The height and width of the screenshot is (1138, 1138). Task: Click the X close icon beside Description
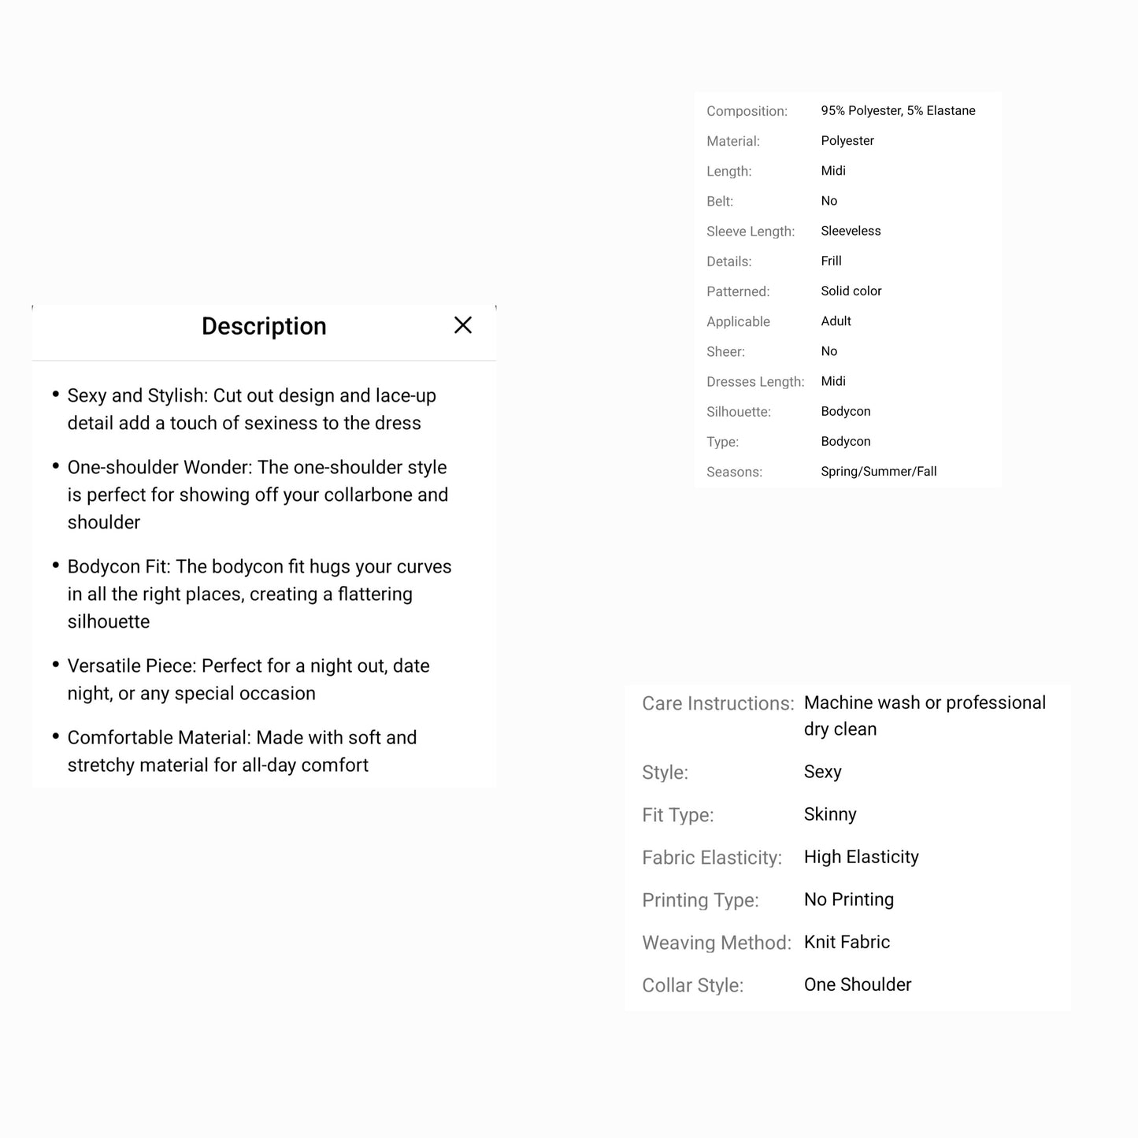click(x=463, y=325)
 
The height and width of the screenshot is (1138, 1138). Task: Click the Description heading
click(x=264, y=326)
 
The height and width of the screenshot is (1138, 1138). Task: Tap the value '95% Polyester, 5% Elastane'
click(x=898, y=111)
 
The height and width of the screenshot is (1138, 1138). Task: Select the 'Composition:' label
click(x=747, y=111)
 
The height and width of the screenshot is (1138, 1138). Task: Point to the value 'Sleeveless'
click(x=851, y=231)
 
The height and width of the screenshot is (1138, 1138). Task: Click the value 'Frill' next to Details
click(x=831, y=261)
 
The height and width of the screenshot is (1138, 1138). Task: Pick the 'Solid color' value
click(x=851, y=291)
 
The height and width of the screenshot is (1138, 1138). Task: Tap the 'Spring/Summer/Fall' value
click(x=878, y=472)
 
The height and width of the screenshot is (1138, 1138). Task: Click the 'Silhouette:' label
click(x=739, y=412)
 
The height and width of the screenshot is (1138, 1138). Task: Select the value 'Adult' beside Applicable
click(x=836, y=321)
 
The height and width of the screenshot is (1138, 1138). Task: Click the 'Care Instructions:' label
click(x=717, y=703)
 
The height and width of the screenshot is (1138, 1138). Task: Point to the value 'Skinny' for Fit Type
click(x=830, y=814)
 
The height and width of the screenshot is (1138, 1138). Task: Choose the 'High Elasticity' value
click(x=861, y=857)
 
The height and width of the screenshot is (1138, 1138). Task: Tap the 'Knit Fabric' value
click(x=847, y=942)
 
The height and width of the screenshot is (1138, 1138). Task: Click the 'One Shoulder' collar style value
click(x=858, y=984)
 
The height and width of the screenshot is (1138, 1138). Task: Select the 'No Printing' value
click(x=848, y=899)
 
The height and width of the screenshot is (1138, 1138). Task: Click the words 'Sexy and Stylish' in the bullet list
click(x=137, y=395)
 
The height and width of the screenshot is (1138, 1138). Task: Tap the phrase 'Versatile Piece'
click(x=131, y=665)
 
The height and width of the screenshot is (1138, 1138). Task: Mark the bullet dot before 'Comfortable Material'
click(x=56, y=736)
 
